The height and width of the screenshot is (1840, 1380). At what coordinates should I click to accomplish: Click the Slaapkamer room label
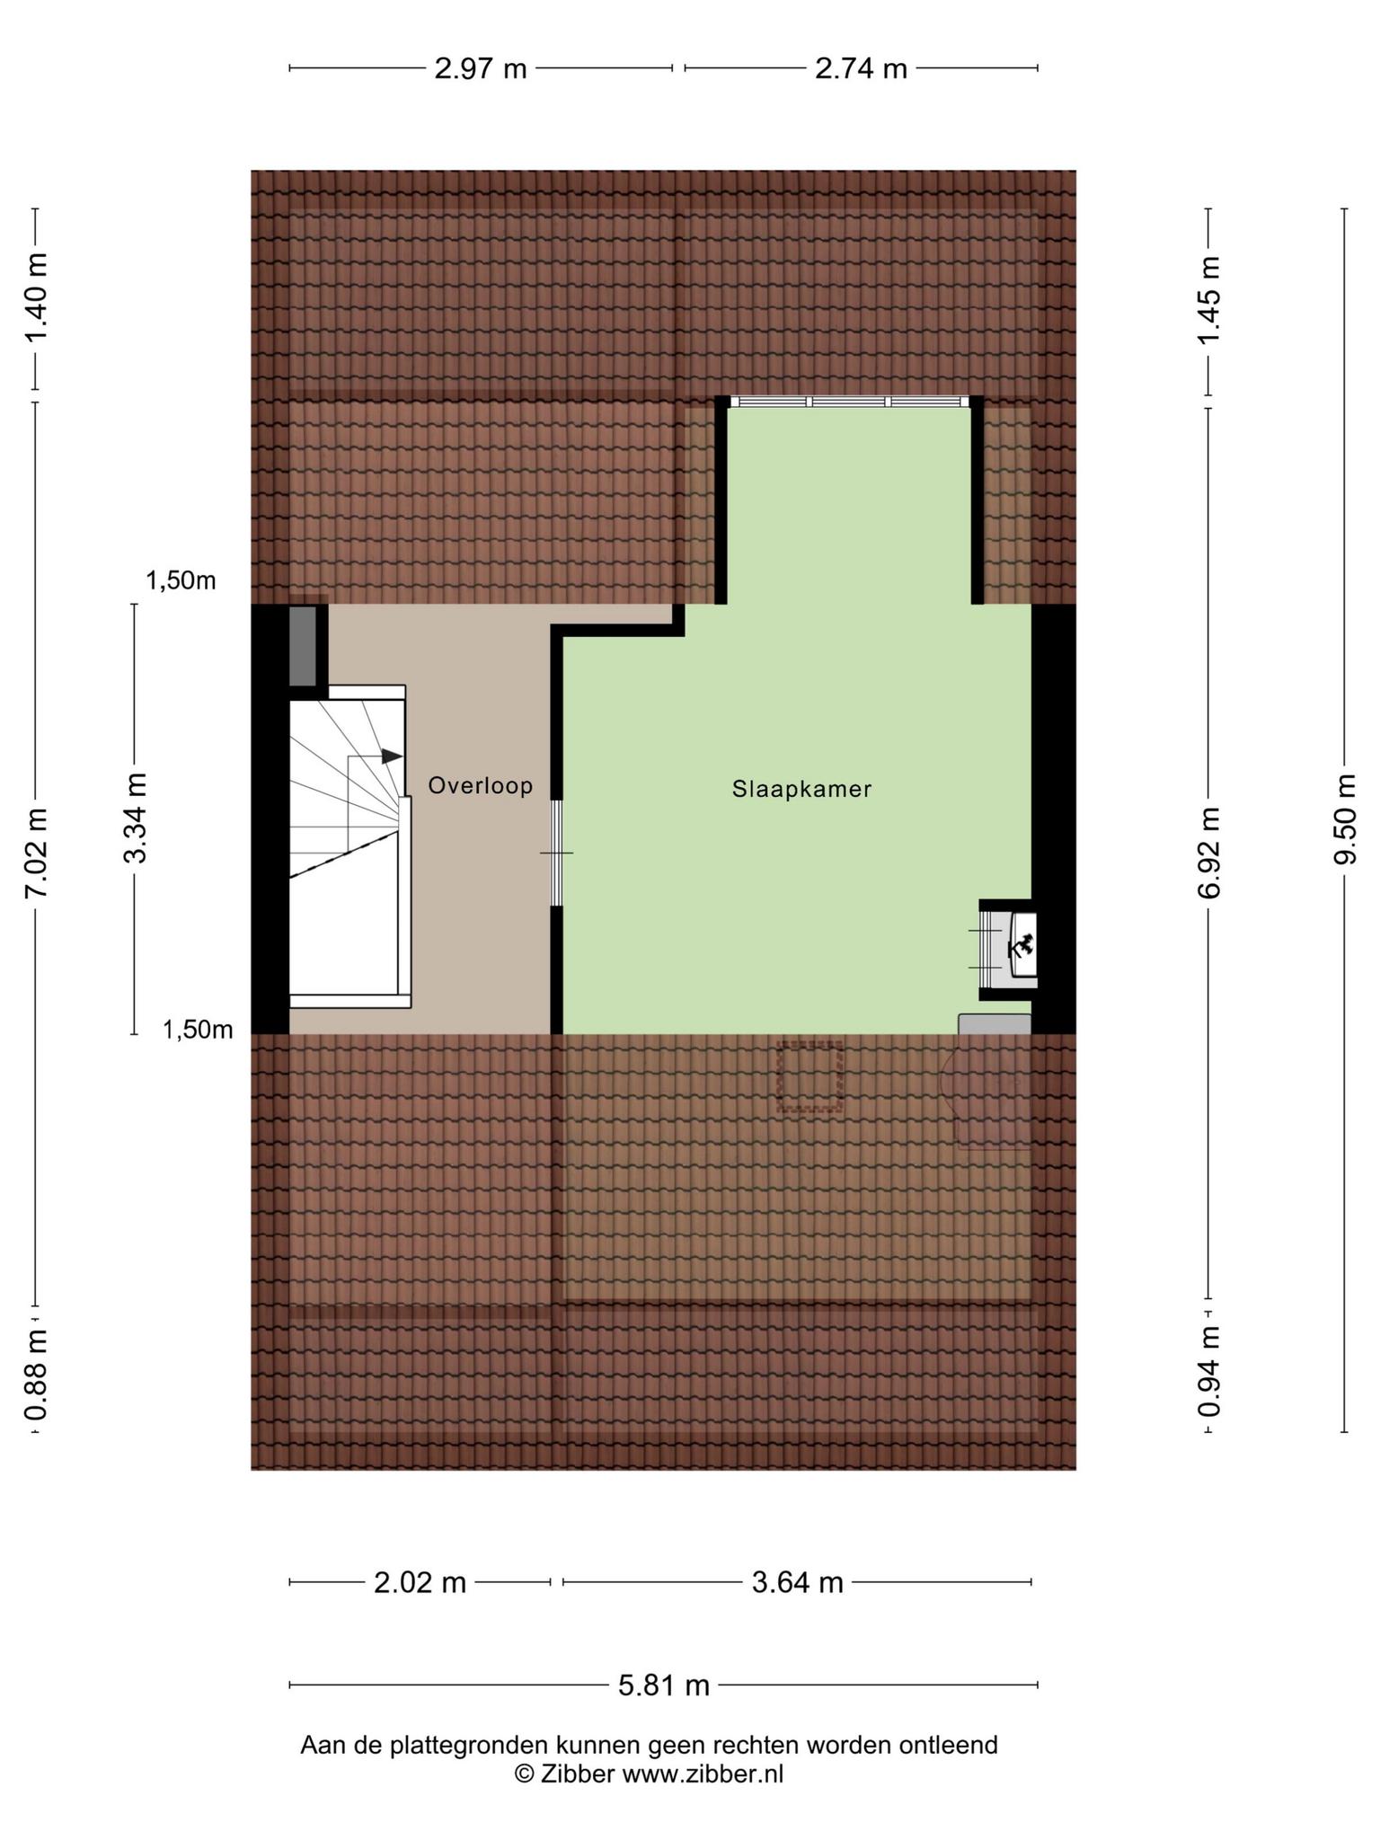click(x=801, y=790)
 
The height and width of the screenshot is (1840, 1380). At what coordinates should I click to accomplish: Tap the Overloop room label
click(x=481, y=786)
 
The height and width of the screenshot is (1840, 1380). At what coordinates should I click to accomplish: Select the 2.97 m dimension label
click(x=481, y=68)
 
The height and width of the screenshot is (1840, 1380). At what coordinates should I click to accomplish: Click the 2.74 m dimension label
click(x=861, y=68)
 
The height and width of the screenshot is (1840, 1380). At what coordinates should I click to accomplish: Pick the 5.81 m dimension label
click(x=664, y=1685)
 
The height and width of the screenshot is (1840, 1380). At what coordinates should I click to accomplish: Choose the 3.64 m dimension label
click(x=798, y=1582)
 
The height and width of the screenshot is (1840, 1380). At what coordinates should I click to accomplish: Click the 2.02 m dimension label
click(x=420, y=1582)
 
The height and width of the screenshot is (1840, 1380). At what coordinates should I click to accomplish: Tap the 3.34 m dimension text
click(x=135, y=818)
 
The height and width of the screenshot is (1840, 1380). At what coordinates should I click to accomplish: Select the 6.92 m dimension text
click(x=1209, y=852)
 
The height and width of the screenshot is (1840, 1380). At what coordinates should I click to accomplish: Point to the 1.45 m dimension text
click(x=1209, y=299)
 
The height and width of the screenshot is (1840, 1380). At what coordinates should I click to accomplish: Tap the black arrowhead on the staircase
click(x=392, y=756)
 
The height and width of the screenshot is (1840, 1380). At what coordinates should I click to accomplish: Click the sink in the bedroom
click(x=1022, y=945)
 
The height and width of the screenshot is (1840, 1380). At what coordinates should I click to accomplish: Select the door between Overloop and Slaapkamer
click(x=557, y=853)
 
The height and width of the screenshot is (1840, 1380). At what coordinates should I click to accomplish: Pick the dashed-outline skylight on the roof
click(x=810, y=1077)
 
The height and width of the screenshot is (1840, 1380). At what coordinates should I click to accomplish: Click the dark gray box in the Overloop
click(x=303, y=647)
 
